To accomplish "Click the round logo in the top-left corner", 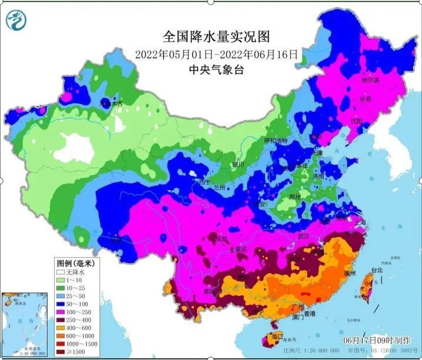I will tap(16, 22).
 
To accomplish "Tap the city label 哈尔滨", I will tap(370, 79).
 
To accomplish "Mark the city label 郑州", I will tap(299, 196).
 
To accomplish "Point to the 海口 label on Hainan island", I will tap(273, 336).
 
